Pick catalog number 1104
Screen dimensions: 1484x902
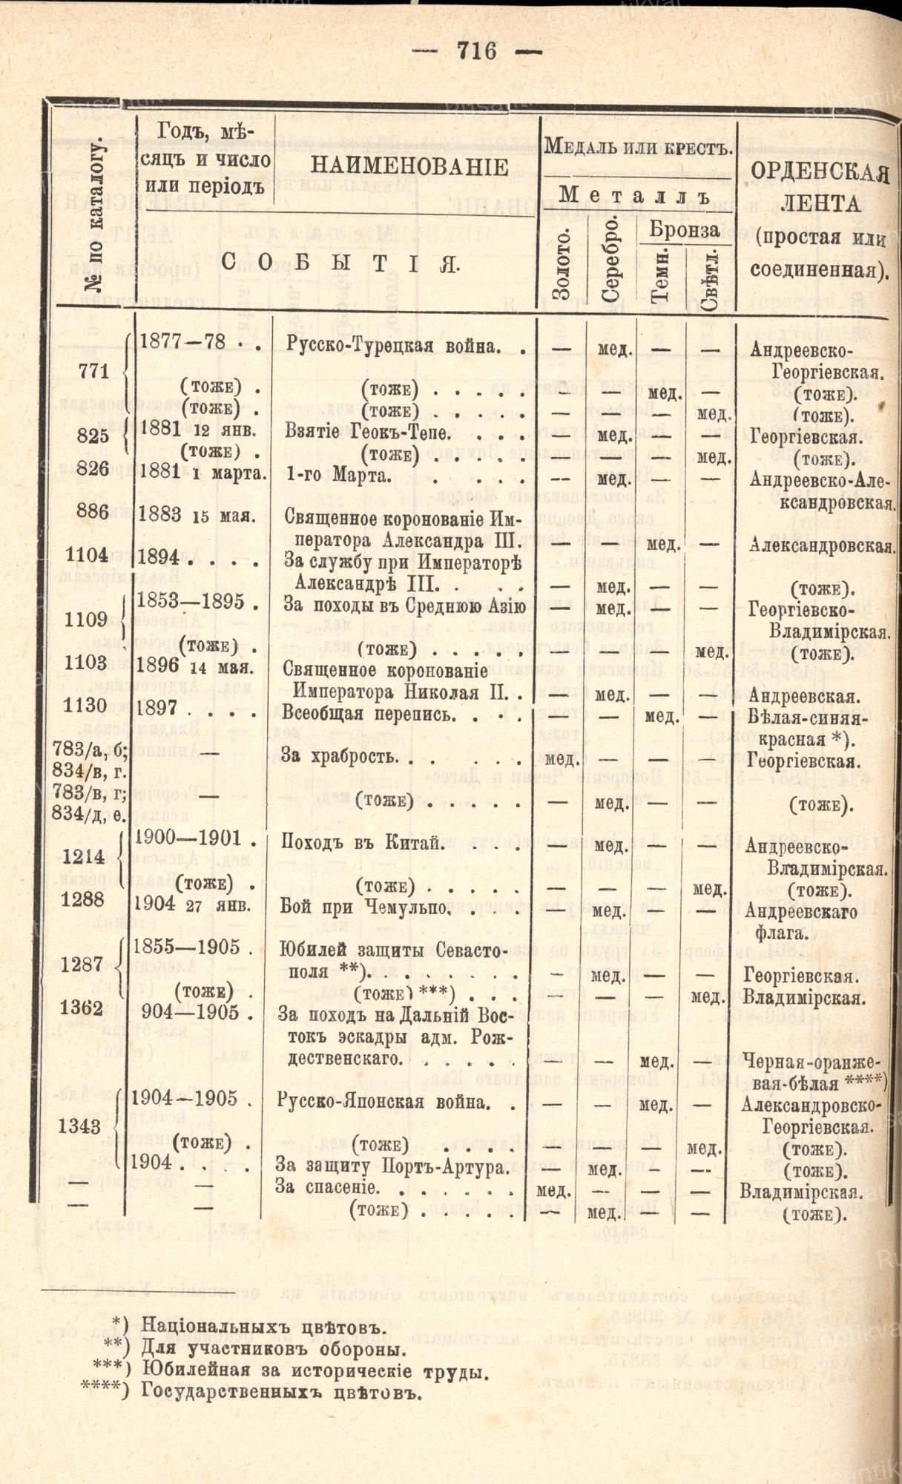[x=88, y=554]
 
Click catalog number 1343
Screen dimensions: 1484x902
[x=82, y=1126]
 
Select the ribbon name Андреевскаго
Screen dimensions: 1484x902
[x=801, y=910]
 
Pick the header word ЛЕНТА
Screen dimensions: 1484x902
[x=819, y=205]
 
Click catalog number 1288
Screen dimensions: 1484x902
[x=88, y=899]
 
